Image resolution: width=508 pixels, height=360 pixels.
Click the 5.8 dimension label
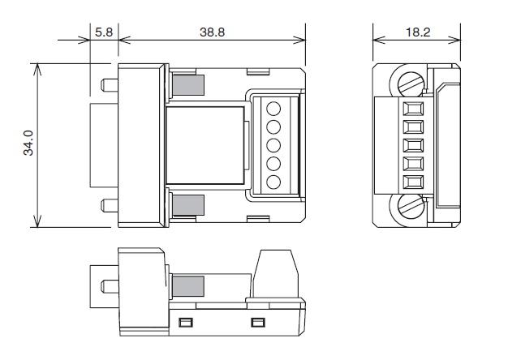click(104, 32)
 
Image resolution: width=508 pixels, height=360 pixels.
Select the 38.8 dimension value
click(212, 32)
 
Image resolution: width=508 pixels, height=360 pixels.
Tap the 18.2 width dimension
click(418, 32)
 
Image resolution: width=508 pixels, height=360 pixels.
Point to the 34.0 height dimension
click(28, 143)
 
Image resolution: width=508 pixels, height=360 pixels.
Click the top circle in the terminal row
click(273, 109)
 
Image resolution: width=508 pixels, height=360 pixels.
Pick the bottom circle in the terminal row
click(273, 182)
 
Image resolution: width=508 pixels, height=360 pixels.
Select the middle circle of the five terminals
click(273, 145)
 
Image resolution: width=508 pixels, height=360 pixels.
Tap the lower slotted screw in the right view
click(411, 208)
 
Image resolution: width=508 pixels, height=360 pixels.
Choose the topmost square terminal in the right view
click(413, 109)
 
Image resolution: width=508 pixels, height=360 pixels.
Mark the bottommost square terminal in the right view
click(413, 182)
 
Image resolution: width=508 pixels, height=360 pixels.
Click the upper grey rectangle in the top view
click(188, 85)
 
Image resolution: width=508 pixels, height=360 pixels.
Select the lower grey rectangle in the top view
click(188, 205)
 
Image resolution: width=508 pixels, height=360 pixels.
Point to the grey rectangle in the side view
click(188, 286)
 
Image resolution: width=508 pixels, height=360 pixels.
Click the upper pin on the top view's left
click(110, 85)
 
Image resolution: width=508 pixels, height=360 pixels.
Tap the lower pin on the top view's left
click(110, 206)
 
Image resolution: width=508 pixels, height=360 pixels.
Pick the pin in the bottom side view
click(110, 286)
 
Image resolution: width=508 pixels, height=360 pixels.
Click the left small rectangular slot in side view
click(186, 323)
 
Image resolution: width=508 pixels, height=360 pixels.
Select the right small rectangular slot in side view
click(258, 323)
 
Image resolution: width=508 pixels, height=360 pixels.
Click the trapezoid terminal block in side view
click(275, 274)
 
